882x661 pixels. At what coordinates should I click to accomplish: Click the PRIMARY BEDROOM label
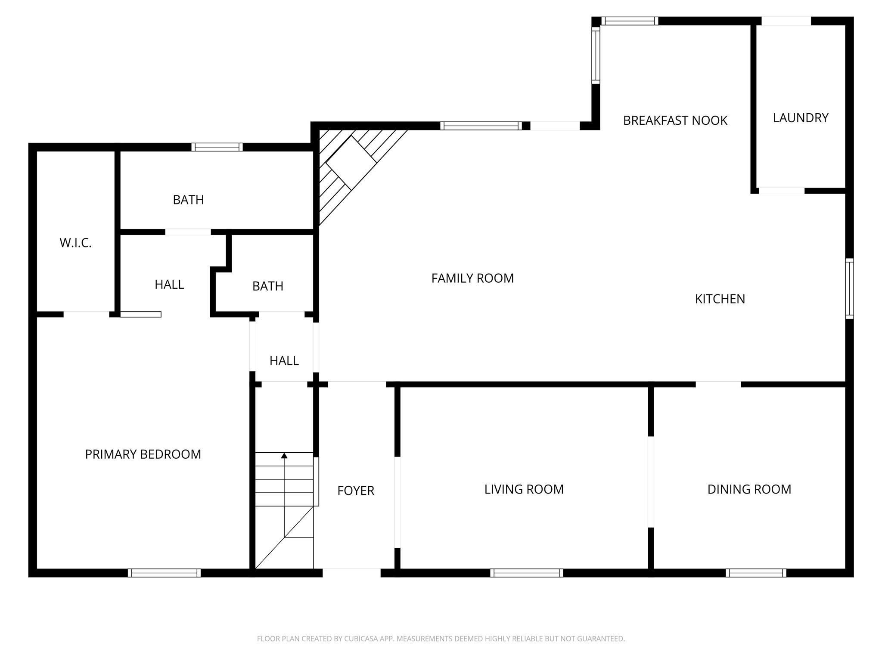tap(143, 454)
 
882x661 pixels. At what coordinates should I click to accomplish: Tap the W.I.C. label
tap(75, 243)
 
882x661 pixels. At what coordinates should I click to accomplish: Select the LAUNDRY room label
tap(801, 118)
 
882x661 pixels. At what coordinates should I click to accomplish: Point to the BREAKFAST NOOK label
tap(675, 120)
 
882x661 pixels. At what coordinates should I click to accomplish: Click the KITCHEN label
tap(720, 299)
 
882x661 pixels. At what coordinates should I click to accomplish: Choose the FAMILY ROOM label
tap(472, 278)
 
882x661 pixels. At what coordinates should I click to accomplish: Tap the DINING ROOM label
tap(749, 489)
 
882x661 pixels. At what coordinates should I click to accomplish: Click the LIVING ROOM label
tap(524, 489)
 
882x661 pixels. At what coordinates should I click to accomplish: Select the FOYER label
tap(356, 491)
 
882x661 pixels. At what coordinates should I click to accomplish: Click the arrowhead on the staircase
tap(284, 455)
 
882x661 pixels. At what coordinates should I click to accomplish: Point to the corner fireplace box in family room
tap(351, 163)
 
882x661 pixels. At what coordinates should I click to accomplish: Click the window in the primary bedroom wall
tap(164, 573)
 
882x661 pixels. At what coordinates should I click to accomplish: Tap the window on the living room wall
tap(526, 573)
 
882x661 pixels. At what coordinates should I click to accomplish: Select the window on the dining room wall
tap(756, 573)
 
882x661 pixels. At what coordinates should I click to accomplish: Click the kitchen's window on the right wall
tap(849, 288)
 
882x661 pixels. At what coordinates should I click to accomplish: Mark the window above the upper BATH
tap(217, 147)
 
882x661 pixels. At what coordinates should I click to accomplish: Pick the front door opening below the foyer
tap(351, 572)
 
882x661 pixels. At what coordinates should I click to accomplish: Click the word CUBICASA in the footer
tap(361, 639)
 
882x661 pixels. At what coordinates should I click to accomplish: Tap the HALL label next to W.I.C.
tap(169, 284)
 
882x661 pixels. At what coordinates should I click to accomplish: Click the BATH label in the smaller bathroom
tap(268, 286)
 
